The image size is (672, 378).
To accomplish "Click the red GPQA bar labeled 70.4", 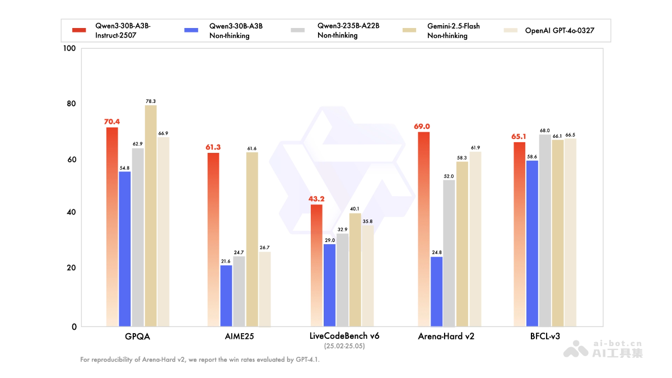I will pos(112,227).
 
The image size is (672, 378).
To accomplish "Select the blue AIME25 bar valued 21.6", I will pos(226,296).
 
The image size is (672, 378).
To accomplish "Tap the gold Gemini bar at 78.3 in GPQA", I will pos(151,216).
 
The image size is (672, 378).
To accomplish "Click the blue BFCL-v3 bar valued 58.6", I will pos(532,244).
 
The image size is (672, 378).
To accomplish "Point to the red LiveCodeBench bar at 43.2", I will pos(316,265).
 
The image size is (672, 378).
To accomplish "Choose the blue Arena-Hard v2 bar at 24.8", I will pos(436,291).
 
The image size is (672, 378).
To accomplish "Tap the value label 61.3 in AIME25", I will pos(213,147).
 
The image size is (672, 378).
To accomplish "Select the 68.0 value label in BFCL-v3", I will pos(544,130).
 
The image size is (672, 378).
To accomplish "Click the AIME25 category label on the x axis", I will pos(239,337).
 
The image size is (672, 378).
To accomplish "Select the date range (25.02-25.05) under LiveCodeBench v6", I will pos(344,347).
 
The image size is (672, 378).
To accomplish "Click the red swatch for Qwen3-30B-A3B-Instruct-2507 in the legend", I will pos(79,30).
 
